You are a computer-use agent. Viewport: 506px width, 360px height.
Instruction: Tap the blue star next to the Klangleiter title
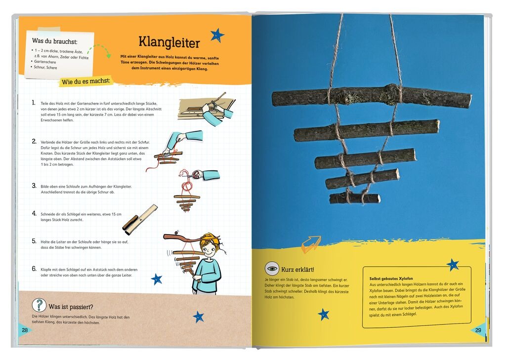[x=217, y=35]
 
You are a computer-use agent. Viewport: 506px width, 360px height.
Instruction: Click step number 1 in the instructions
[x=33, y=103]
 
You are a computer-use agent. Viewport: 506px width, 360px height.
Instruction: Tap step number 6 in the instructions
[x=34, y=269]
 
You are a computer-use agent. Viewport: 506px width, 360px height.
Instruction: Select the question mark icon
[x=39, y=305]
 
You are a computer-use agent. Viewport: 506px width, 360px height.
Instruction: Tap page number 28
[x=24, y=330]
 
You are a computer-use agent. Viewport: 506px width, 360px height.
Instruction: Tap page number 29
[x=478, y=330]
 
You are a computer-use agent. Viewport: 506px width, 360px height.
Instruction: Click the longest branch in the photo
[x=371, y=96]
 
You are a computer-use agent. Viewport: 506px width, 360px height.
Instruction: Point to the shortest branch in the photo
[x=354, y=199]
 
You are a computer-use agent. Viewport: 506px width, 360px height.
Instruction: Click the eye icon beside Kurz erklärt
[x=272, y=269]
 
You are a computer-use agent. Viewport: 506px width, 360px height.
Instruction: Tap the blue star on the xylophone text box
[x=453, y=265]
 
